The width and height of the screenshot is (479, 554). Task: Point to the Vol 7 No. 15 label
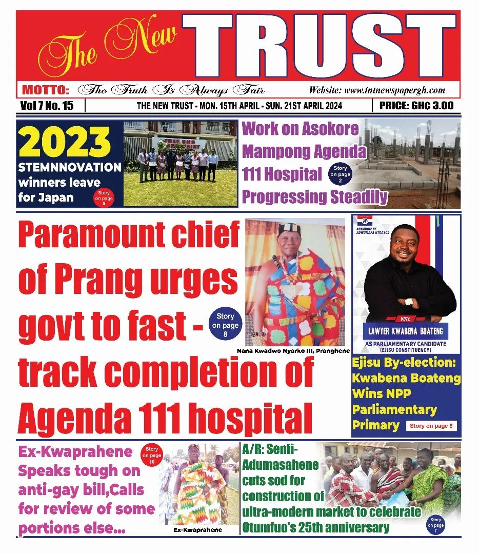(x=48, y=106)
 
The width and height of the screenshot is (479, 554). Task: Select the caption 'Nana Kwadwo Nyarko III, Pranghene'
(x=293, y=351)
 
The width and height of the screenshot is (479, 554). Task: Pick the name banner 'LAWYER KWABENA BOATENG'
(x=405, y=330)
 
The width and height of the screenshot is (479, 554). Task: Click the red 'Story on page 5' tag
(x=431, y=426)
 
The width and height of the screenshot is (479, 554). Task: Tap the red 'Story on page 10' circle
(x=152, y=454)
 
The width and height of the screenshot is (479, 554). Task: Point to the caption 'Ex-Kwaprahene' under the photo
(x=197, y=530)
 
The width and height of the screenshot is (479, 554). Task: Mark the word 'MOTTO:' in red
(x=46, y=91)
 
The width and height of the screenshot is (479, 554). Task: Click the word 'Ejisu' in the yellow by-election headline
(x=371, y=363)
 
